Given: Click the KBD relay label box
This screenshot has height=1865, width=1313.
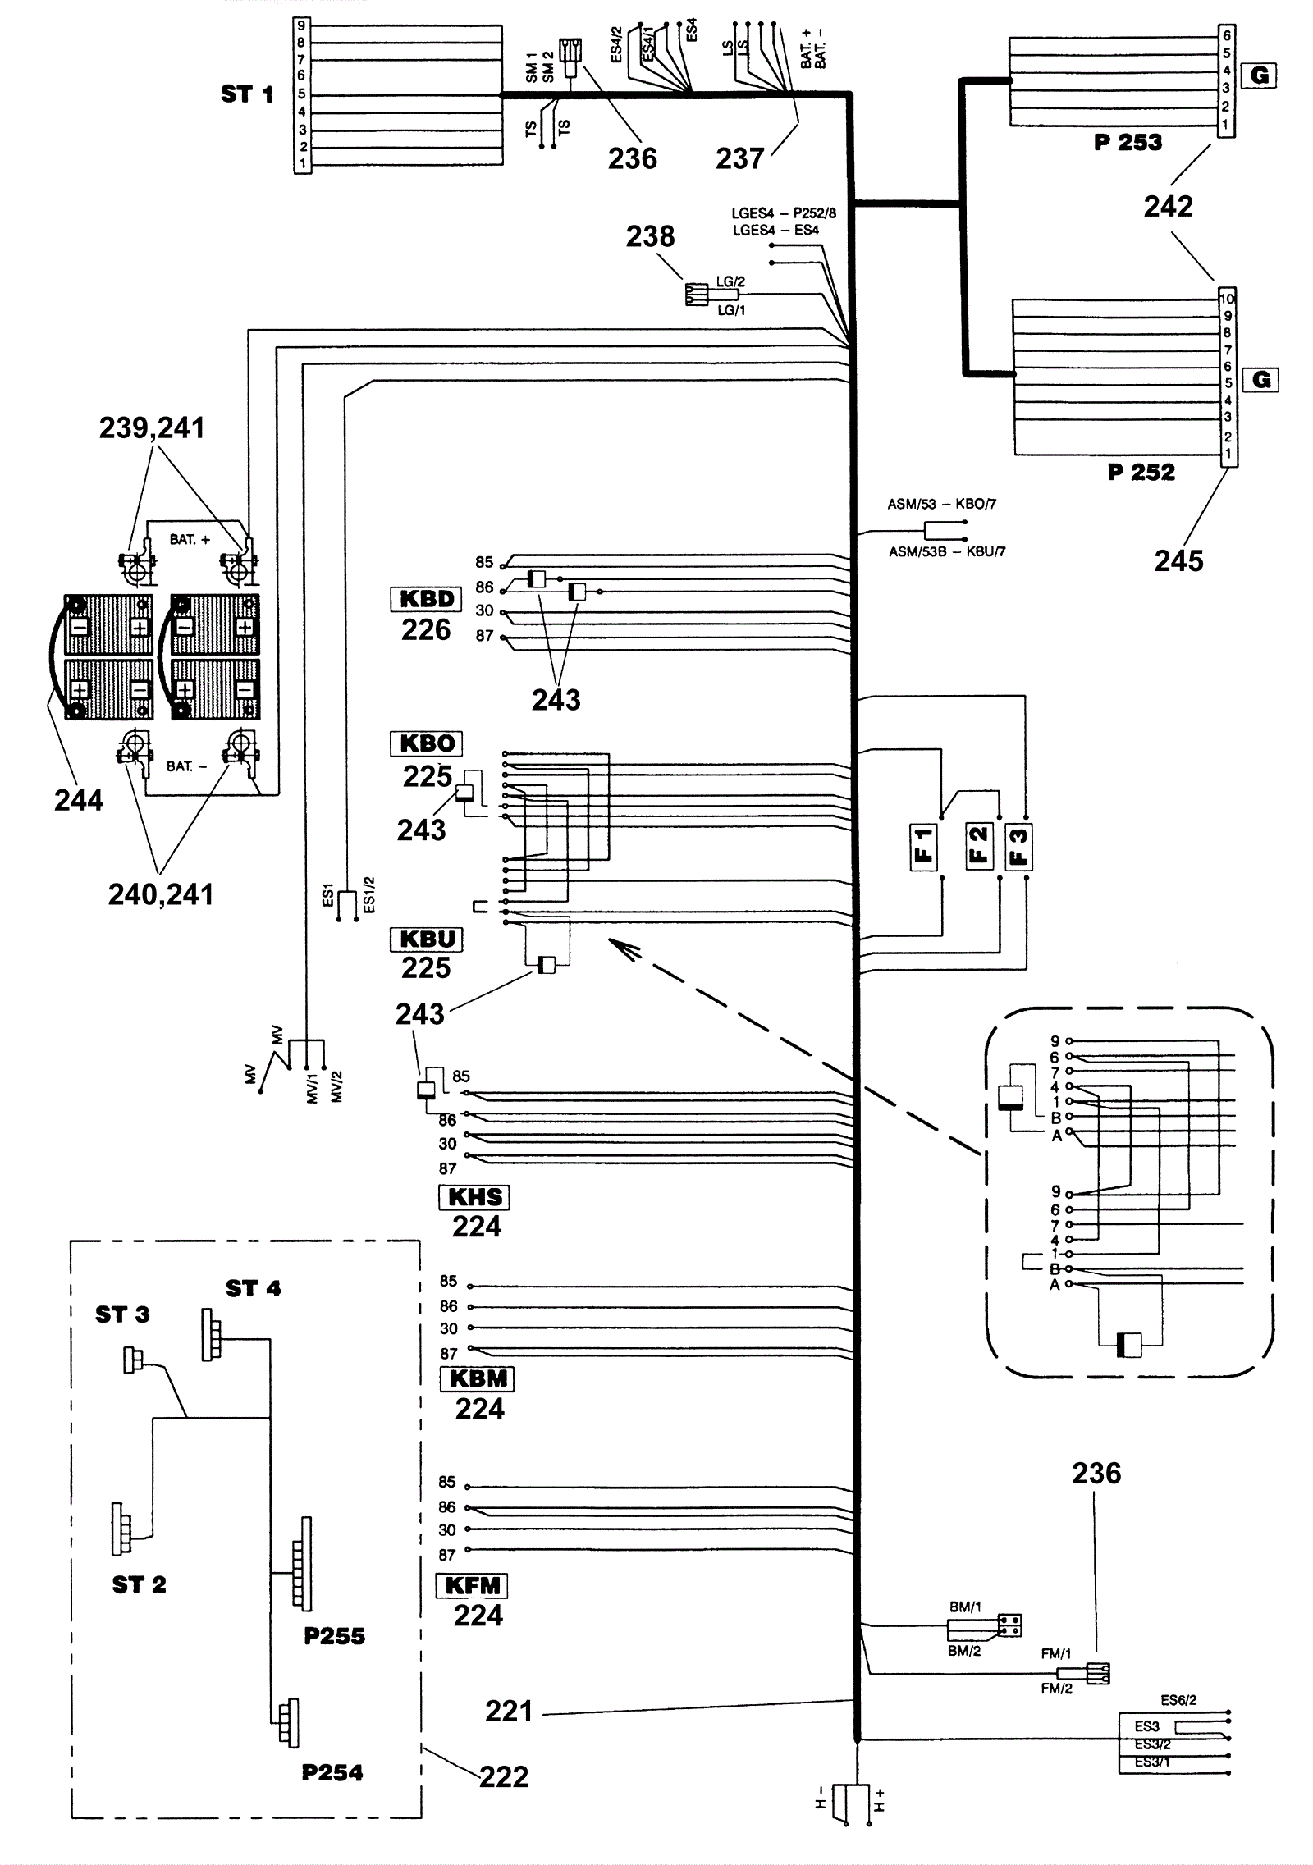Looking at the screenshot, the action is [426, 599].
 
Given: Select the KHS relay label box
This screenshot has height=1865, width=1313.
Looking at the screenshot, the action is [474, 1197].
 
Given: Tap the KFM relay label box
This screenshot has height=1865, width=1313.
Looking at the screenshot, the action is [472, 1586].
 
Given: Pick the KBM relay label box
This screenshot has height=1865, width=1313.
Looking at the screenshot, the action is [478, 1378].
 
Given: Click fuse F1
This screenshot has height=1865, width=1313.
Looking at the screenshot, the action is [924, 846].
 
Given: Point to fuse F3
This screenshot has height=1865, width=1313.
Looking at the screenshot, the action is [1018, 846].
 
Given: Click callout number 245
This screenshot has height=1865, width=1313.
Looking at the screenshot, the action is [1178, 561].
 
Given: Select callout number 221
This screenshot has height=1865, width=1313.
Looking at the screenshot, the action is [509, 1712].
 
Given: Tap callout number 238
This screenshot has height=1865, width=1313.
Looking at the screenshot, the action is [650, 237].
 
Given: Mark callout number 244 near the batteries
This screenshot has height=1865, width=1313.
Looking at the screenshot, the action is [79, 800].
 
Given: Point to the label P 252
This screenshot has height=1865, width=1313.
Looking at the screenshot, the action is [1141, 473].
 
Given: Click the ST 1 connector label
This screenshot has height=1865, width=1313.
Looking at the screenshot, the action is [247, 94].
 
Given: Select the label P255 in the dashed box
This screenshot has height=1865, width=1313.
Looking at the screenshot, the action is [334, 1636].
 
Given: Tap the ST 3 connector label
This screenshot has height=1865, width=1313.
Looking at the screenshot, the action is [122, 1314].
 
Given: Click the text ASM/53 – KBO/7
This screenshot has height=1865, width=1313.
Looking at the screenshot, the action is [942, 504].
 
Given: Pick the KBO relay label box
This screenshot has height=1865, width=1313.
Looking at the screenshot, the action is [426, 743].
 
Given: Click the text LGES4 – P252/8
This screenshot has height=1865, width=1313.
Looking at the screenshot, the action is [784, 213].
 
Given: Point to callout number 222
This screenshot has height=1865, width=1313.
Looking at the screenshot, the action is [504, 1777].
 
